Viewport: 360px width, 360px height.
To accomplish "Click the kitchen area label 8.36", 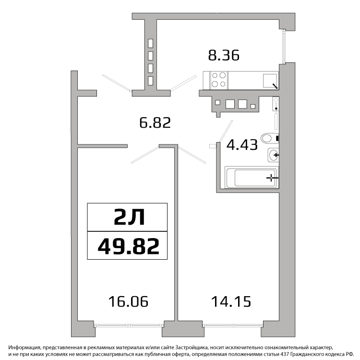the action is [224, 55].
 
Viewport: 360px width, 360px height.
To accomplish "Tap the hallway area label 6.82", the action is [155, 122].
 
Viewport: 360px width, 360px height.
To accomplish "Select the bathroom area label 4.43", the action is [242, 145].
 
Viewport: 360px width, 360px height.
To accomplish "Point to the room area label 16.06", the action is [128, 301].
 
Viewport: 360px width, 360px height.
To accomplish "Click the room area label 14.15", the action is [231, 301].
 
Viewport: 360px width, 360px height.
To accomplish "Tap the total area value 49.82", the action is [128, 246].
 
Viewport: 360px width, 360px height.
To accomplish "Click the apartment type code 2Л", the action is [130, 217].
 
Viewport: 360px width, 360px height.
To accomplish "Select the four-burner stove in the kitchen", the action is [219, 80].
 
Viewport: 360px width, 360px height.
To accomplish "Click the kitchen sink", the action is [270, 81].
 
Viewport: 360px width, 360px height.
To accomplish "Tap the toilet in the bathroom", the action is [270, 138].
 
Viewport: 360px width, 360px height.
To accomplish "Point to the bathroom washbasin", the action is [273, 155].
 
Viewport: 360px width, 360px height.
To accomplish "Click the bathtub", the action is [252, 178].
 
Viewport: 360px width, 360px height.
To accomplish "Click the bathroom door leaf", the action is [226, 131].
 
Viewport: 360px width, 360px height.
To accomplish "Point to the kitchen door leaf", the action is [183, 83].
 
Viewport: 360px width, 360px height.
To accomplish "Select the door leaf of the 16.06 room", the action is [145, 155].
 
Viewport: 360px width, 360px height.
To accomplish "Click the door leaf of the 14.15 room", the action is [192, 155].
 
